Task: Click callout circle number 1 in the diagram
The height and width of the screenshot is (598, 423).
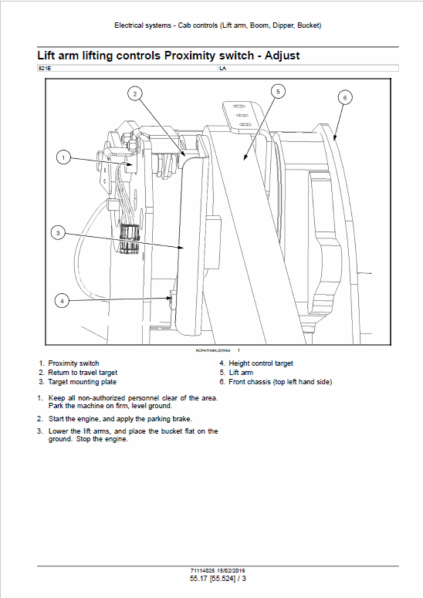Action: (x=63, y=157)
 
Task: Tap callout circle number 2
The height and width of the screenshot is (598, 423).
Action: (x=134, y=94)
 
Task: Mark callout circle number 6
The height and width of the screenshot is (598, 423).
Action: (x=344, y=97)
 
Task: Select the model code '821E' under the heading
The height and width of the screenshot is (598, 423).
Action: (x=44, y=69)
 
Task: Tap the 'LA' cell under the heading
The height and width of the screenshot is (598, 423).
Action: (x=223, y=69)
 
